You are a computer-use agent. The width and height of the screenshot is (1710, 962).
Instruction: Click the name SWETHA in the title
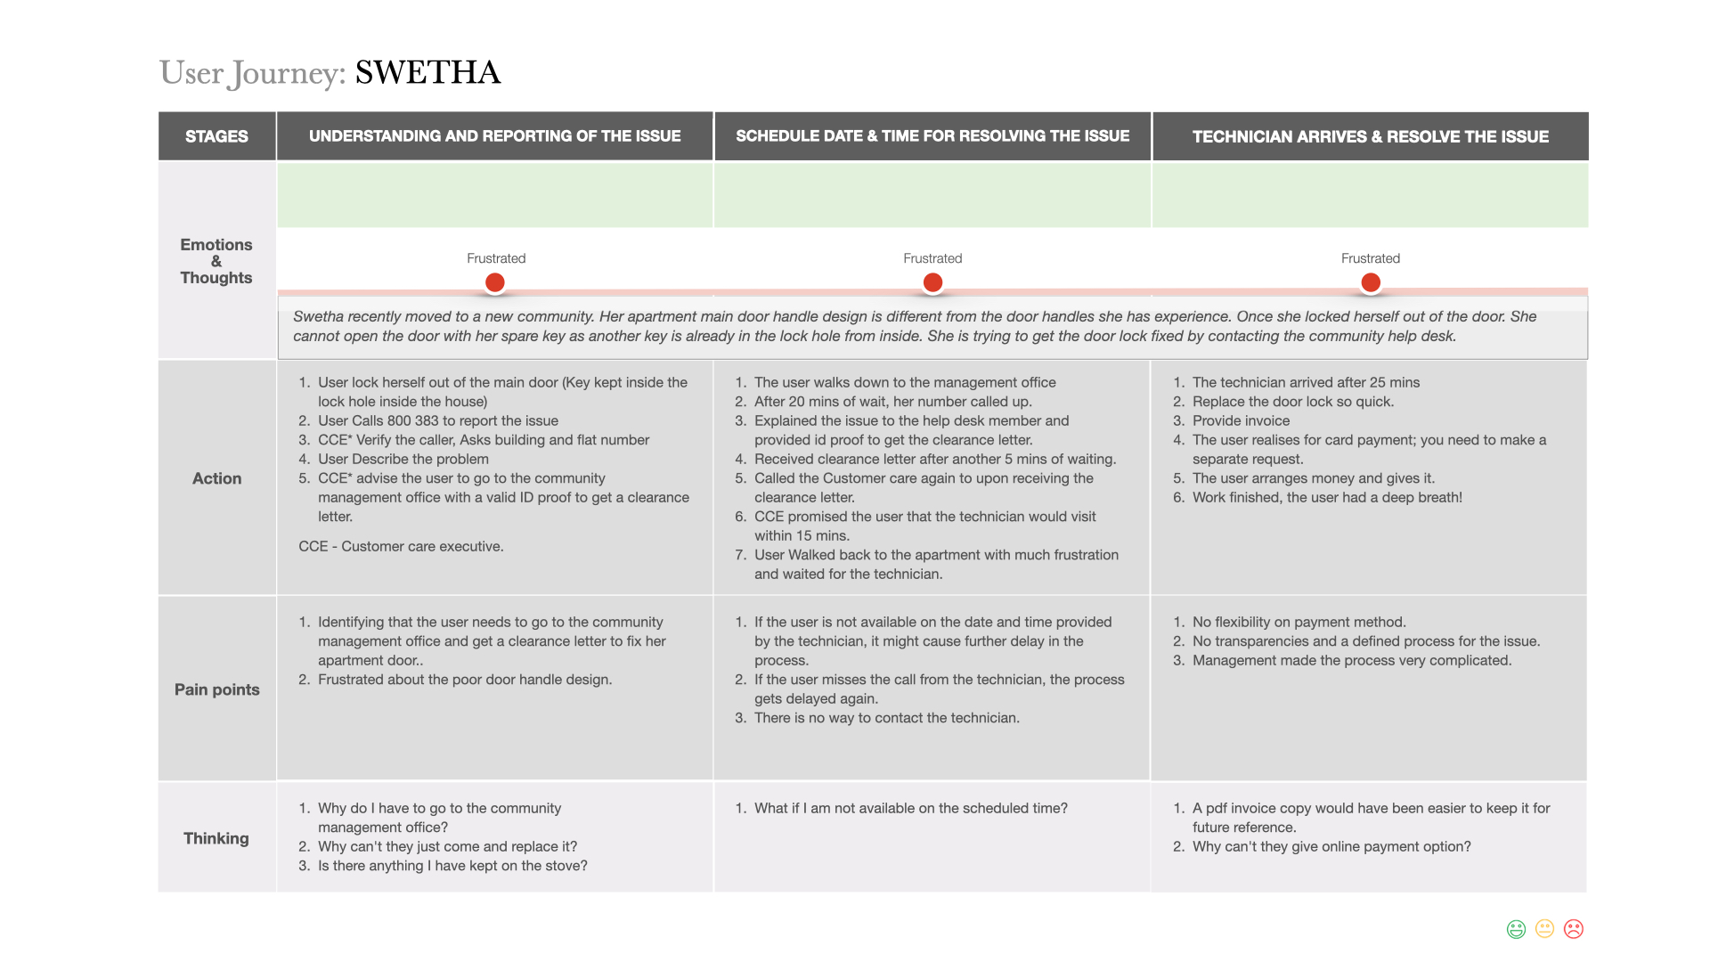pyautogui.click(x=427, y=73)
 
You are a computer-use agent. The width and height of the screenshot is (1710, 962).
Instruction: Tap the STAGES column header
pyautogui.click(x=216, y=136)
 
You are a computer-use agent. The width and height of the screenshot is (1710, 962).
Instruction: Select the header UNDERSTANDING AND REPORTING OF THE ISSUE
pyautogui.click(x=494, y=136)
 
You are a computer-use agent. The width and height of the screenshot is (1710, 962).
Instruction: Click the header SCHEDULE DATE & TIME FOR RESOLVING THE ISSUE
pyautogui.click(x=932, y=136)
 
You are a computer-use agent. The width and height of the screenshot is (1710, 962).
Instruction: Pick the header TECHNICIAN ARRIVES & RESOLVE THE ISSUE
pyautogui.click(x=1370, y=136)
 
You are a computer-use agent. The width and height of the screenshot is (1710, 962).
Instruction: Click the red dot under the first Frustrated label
pyautogui.click(x=495, y=282)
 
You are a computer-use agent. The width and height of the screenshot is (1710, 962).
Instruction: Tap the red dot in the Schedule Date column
pyautogui.click(x=932, y=282)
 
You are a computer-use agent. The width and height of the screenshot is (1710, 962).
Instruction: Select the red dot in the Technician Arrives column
pyautogui.click(x=1371, y=282)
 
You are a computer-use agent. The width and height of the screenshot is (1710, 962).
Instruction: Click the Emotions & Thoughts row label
pyautogui.click(x=216, y=261)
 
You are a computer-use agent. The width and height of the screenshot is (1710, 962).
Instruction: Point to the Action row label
pyautogui.click(x=216, y=478)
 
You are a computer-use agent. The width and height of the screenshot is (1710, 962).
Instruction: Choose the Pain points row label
pyautogui.click(x=216, y=689)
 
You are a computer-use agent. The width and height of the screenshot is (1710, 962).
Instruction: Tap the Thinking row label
pyautogui.click(x=216, y=838)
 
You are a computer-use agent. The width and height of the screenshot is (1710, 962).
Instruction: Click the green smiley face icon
pyautogui.click(x=1516, y=929)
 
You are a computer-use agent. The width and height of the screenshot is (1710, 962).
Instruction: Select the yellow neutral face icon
pyautogui.click(x=1545, y=929)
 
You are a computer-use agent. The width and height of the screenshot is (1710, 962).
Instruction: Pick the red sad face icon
pyautogui.click(x=1574, y=929)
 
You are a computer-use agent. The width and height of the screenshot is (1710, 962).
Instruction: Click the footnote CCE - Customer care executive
pyautogui.click(x=401, y=546)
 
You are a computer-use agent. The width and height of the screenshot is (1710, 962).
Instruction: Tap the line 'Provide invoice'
pyautogui.click(x=1241, y=420)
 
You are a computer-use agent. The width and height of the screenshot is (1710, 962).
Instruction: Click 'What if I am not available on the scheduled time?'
pyautogui.click(x=910, y=808)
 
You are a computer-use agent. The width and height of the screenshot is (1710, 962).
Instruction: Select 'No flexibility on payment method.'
pyautogui.click(x=1299, y=622)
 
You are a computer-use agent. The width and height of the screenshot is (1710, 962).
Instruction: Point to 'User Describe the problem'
pyautogui.click(x=403, y=459)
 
